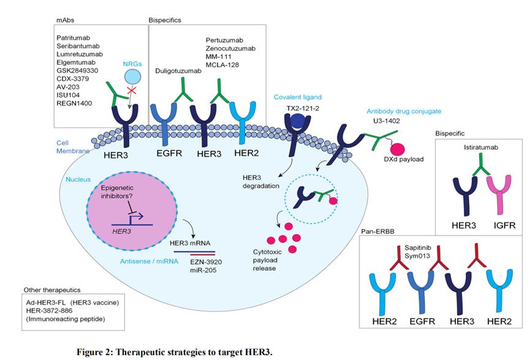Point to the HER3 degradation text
point(262,181)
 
